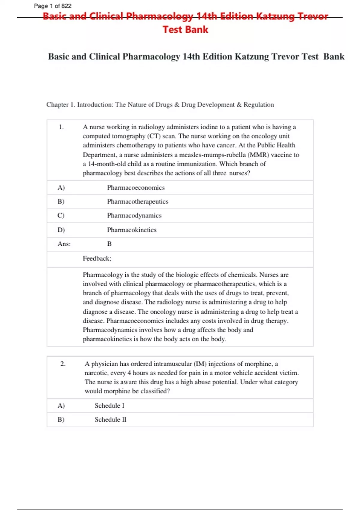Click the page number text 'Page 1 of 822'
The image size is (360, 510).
52,6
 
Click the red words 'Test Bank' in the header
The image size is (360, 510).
185,29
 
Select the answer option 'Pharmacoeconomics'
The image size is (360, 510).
136,187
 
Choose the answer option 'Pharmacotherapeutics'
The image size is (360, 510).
138,202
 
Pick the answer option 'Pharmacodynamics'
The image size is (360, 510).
134,215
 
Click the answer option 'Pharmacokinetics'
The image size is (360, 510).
132,230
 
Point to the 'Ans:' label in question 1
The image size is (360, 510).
64,244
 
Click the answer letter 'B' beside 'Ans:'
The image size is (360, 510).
109,244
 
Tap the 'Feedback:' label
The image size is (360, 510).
97,258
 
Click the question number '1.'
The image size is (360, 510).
61,127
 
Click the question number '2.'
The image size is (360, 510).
63,364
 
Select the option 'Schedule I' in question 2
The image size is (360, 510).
109,406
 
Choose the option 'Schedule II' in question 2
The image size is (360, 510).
110,419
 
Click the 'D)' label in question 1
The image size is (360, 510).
61,230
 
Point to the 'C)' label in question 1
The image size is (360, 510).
61,215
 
